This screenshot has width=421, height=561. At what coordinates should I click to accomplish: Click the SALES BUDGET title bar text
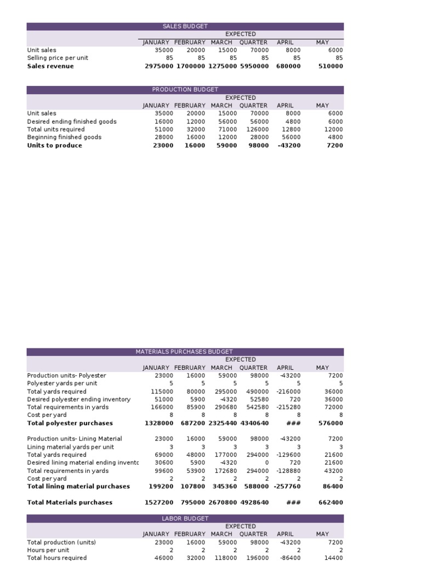(185, 26)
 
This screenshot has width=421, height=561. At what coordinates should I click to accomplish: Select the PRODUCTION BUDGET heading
(185, 90)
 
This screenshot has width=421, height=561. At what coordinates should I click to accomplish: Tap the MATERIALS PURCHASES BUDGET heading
(184, 352)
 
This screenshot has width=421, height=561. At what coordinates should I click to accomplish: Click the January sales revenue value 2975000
(159, 66)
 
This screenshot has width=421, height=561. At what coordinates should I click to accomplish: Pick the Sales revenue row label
(50, 66)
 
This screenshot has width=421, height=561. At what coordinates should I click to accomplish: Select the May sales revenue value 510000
(331, 66)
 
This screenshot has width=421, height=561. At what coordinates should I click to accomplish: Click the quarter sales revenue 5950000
(254, 66)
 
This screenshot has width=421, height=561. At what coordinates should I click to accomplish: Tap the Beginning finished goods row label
(64, 138)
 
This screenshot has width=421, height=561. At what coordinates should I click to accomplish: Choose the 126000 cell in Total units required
(257, 130)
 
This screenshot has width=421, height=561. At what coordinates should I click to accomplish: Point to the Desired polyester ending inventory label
(79, 399)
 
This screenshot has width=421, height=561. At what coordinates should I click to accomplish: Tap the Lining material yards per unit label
(71, 447)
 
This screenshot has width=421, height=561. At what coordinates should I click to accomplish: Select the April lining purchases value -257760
(287, 486)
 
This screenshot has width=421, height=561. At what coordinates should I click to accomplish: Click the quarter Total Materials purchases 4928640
(254, 502)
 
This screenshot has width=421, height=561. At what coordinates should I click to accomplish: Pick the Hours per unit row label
(48, 550)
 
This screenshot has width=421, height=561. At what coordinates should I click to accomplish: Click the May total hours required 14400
(333, 558)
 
